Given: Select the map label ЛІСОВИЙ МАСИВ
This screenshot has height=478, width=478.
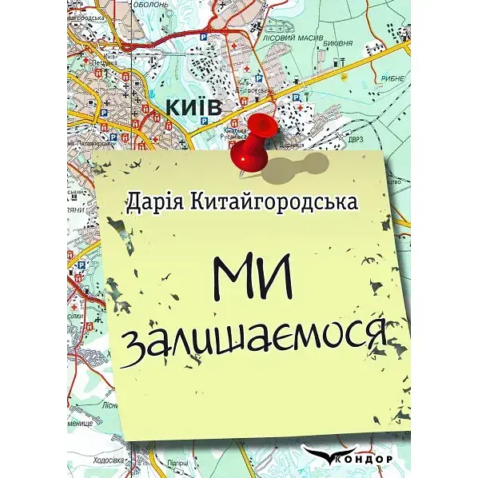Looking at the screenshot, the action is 314,36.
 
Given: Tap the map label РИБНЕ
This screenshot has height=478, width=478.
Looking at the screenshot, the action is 395,78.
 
